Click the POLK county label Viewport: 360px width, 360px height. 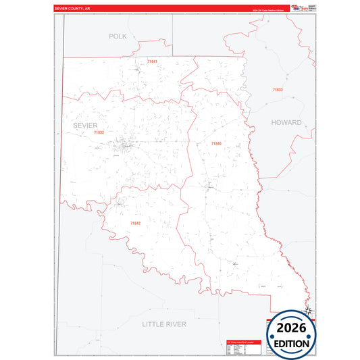(x=118, y=36)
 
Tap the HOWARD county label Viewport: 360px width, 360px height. (x=286, y=123)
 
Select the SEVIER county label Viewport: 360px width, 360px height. (x=86, y=126)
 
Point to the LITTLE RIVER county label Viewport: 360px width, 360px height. (x=163, y=324)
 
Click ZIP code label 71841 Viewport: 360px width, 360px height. (x=152, y=61)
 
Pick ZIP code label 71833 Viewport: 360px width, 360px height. (x=278, y=90)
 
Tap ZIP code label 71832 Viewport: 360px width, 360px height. (x=99, y=132)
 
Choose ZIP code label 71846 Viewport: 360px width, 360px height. (x=215, y=143)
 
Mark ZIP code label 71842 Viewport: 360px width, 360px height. (x=135, y=223)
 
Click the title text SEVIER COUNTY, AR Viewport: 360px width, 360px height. (x=72, y=8)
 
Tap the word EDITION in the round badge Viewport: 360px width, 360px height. (x=292, y=344)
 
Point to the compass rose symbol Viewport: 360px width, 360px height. (x=309, y=310)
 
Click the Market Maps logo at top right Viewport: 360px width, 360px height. (x=298, y=7)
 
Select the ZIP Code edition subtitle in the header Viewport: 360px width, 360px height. (x=267, y=11)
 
